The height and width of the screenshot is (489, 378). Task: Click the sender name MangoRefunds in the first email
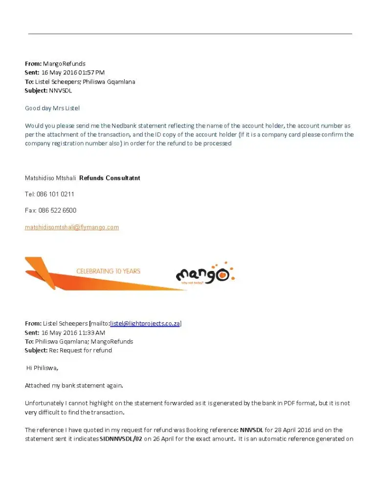(64, 64)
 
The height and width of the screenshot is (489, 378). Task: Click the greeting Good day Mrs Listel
(52, 108)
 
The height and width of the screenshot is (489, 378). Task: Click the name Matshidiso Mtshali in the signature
(50, 178)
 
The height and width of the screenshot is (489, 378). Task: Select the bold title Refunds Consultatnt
(110, 178)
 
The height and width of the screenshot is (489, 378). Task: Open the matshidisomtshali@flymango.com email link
(72, 227)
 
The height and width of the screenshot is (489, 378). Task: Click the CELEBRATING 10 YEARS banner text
(108, 271)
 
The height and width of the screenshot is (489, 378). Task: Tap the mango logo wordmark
(201, 275)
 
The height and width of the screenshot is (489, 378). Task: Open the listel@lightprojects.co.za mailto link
(146, 324)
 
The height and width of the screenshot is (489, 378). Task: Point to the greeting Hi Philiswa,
(42, 368)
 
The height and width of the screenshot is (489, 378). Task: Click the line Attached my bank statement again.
(74, 385)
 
